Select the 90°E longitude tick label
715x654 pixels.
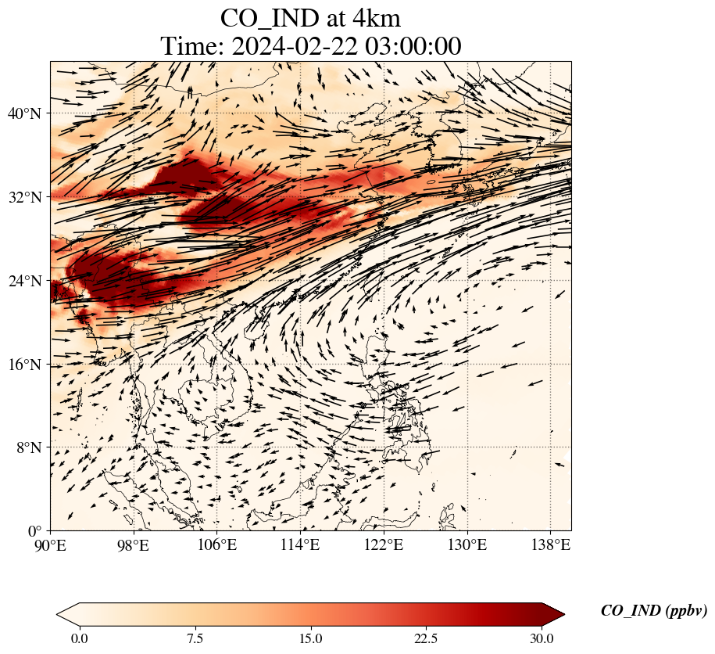[x=51, y=544]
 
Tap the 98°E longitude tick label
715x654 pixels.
[x=134, y=544]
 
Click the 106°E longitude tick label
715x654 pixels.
[x=217, y=544]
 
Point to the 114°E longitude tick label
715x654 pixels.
[x=301, y=544]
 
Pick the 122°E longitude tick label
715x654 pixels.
[x=384, y=544]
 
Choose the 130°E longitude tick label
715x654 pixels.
[x=467, y=544]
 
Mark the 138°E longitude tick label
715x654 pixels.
[x=550, y=544]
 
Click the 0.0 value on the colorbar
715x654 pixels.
[x=79, y=638]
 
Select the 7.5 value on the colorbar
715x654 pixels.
[x=195, y=638]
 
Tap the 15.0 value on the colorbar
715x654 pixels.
[x=310, y=638]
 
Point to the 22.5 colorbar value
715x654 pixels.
[x=426, y=638]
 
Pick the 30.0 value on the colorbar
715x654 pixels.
[x=542, y=638]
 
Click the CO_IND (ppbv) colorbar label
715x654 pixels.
[x=653, y=611]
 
